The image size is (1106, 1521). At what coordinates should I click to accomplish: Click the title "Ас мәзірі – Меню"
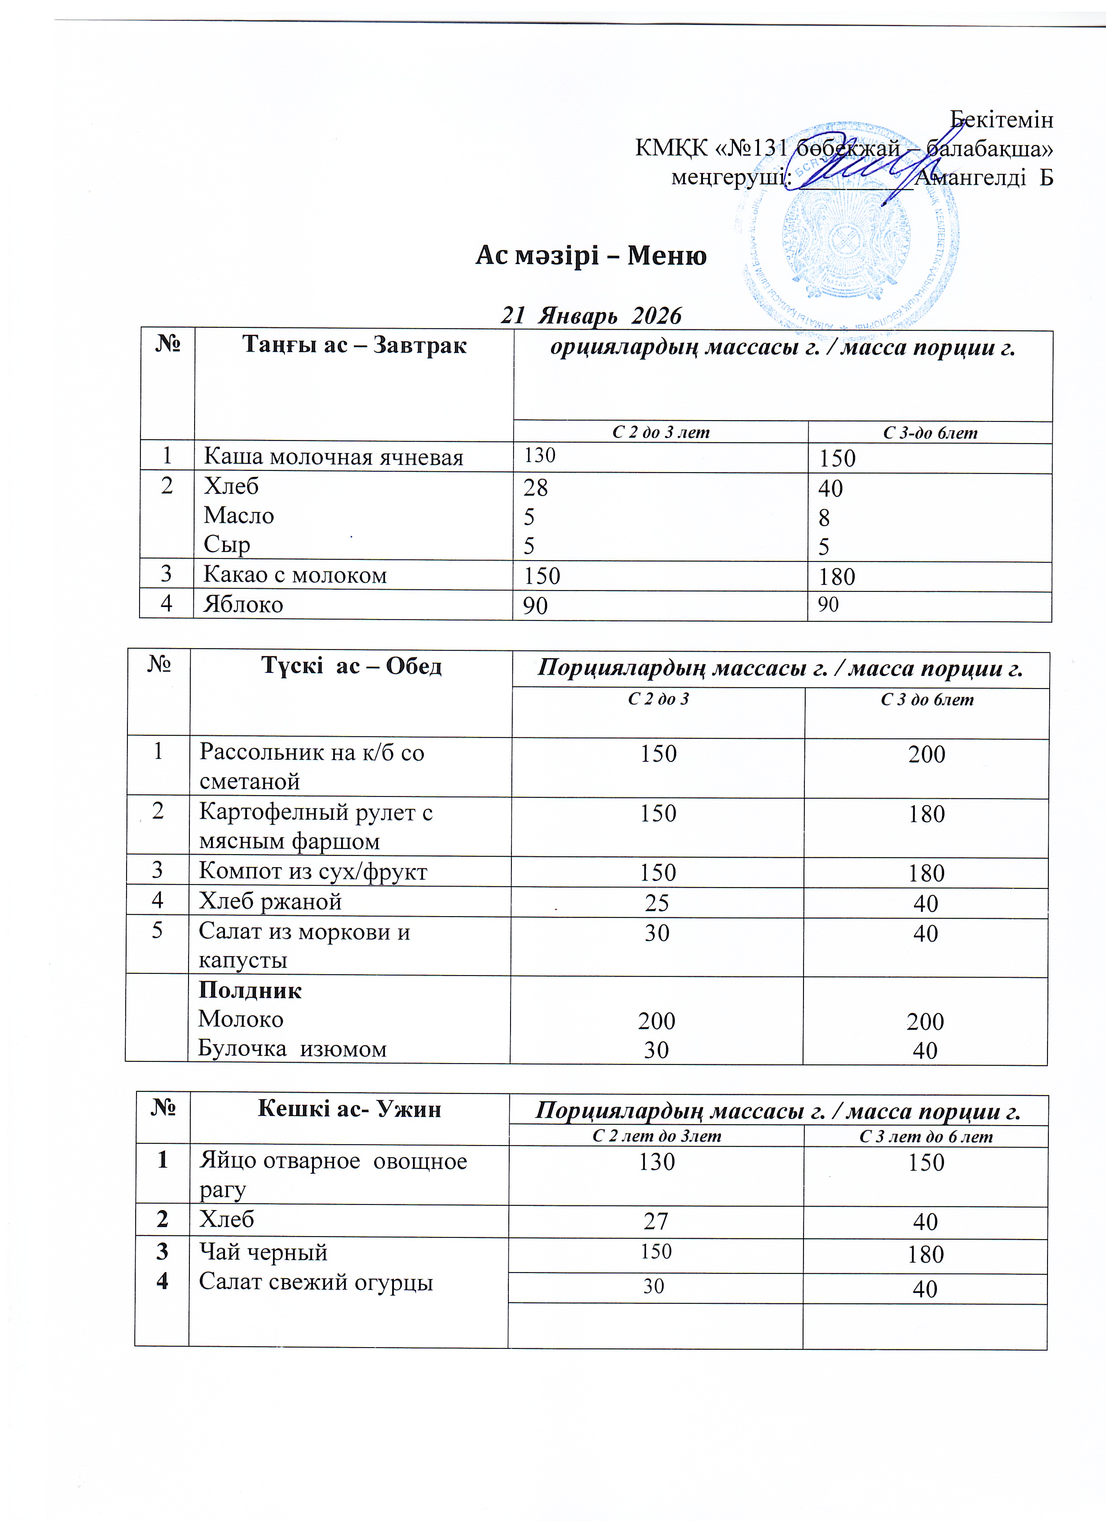591,255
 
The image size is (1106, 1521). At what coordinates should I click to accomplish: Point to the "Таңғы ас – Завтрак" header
354,346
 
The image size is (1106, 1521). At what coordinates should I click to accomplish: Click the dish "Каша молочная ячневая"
333,457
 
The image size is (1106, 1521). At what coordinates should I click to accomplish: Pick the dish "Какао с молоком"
295,575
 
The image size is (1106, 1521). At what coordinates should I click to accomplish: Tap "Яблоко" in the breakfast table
243,604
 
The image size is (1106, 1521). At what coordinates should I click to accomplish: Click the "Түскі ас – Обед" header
351,666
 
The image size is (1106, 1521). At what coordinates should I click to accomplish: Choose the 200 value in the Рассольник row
926,754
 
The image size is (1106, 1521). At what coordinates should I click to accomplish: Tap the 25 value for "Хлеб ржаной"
657,903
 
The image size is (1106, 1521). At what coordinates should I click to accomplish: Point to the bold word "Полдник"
250,991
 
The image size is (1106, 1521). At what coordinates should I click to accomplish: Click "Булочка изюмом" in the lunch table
292,1049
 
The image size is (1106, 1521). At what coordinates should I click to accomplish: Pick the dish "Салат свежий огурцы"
316,1282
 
